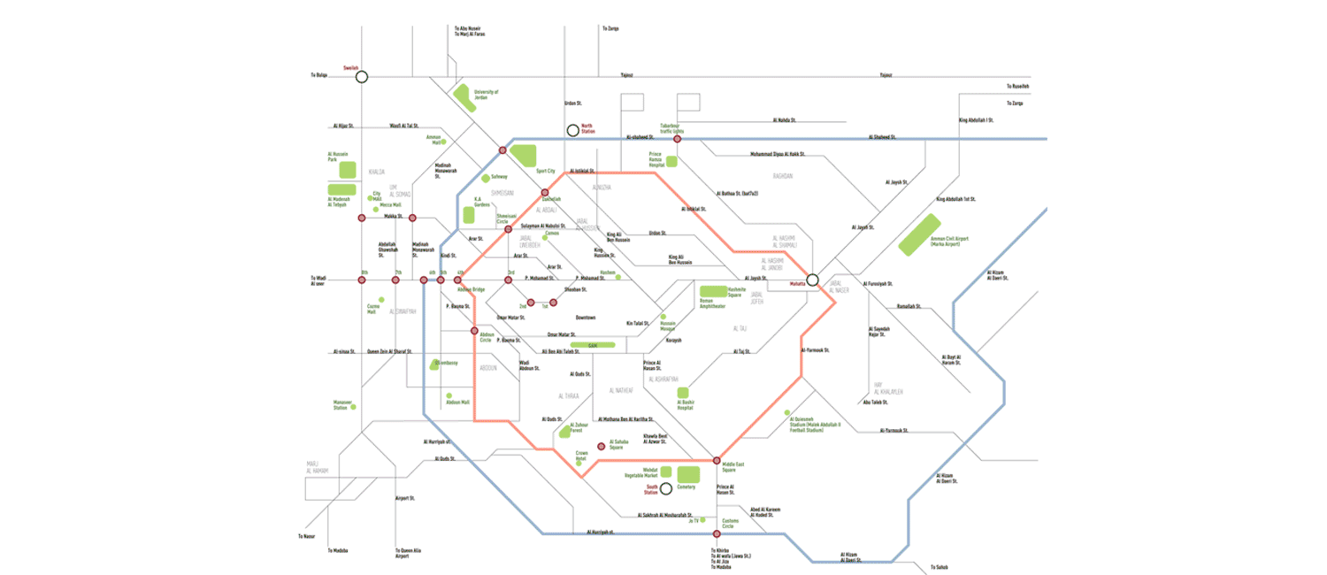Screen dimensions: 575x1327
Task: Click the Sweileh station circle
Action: click(x=361, y=77)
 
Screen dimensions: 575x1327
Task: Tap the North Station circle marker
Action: click(x=573, y=130)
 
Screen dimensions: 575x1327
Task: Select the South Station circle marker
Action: click(x=665, y=487)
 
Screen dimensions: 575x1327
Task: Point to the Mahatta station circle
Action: click(x=812, y=280)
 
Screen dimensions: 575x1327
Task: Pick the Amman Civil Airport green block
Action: click(x=919, y=235)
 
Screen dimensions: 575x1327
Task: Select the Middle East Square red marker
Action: click(x=717, y=461)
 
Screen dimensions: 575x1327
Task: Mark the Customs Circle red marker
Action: click(x=717, y=534)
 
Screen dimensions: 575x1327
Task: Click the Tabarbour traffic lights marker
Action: click(x=677, y=139)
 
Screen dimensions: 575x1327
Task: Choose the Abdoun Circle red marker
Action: click(x=474, y=332)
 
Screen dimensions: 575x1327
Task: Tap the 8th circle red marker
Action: click(x=362, y=280)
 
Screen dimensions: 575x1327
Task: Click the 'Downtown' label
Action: click(x=586, y=317)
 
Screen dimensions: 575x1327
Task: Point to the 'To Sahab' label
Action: click(x=938, y=567)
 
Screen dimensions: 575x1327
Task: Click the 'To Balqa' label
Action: click(x=319, y=75)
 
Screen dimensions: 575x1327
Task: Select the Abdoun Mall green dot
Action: click(x=449, y=395)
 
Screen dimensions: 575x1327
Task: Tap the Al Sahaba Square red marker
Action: click(x=602, y=445)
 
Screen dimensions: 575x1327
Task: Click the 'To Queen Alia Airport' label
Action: click(x=408, y=553)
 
